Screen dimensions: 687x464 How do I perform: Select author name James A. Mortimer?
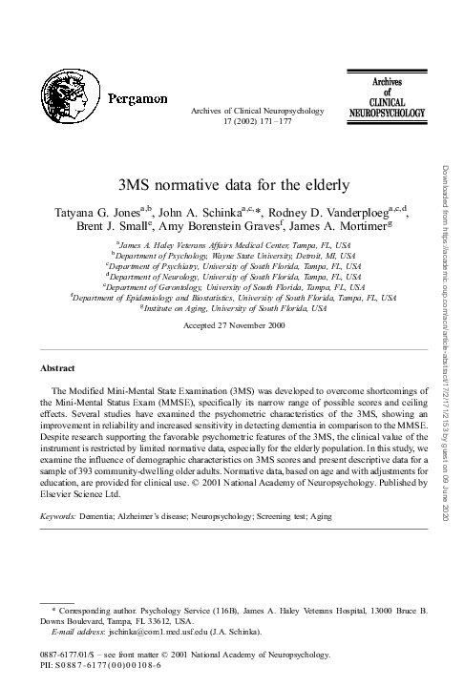tap(333, 226)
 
